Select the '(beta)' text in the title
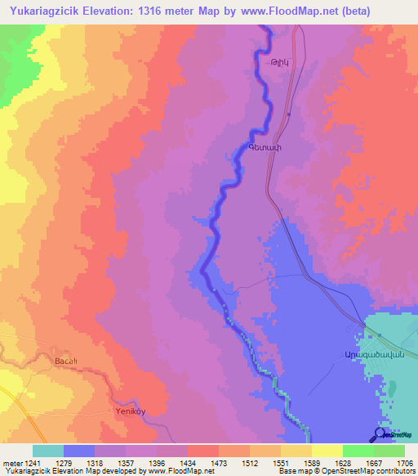(330, 11)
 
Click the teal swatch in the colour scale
(48, 451)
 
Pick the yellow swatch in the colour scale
(327, 451)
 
